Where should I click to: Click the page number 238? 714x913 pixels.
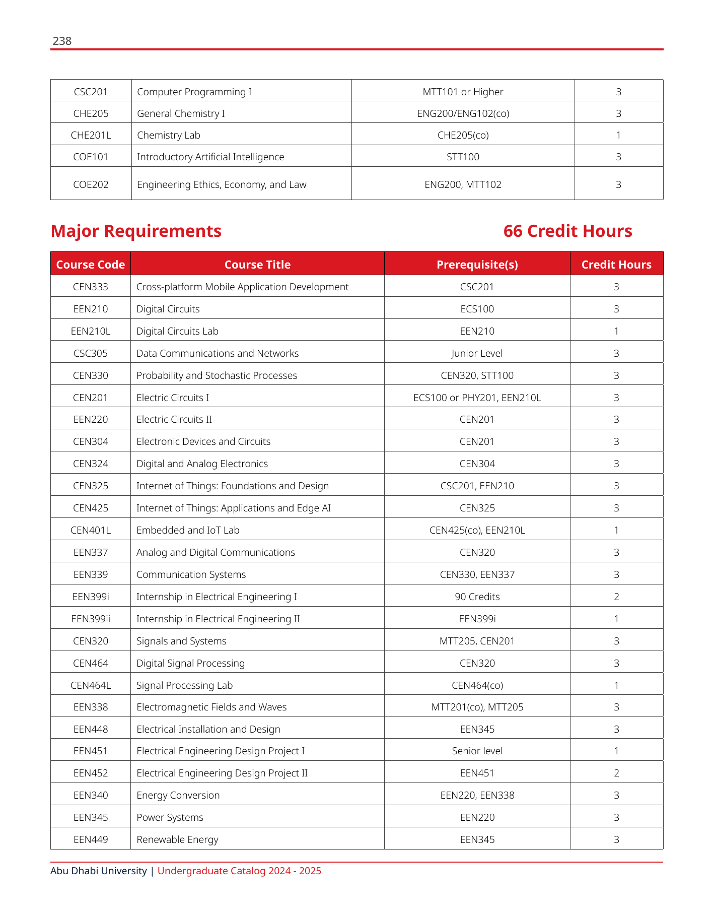click(62, 41)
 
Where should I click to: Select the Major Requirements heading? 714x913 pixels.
click(136, 231)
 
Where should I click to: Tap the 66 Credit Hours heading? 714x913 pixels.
click(567, 231)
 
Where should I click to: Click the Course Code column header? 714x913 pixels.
click(91, 265)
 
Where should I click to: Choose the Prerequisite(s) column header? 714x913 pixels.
click(477, 265)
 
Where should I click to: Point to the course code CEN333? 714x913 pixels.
click(91, 287)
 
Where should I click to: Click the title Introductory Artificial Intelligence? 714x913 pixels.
click(210, 157)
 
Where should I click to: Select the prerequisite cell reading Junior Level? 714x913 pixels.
click(477, 353)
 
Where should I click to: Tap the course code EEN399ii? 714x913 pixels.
click(91, 619)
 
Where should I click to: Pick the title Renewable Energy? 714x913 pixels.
click(177, 839)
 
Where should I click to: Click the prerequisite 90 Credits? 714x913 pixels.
click(477, 597)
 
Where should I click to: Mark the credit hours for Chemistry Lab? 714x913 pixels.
click(618, 135)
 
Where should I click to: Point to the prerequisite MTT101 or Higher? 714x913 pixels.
click(463, 92)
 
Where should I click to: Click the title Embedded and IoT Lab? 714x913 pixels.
click(188, 530)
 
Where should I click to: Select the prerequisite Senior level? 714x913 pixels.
click(477, 751)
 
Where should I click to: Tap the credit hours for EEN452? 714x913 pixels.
click(616, 773)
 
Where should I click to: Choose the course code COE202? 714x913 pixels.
click(91, 184)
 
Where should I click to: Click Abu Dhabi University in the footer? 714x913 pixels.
click(99, 871)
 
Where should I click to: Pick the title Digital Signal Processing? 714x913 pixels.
click(190, 663)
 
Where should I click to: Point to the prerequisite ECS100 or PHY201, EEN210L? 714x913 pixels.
click(477, 398)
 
